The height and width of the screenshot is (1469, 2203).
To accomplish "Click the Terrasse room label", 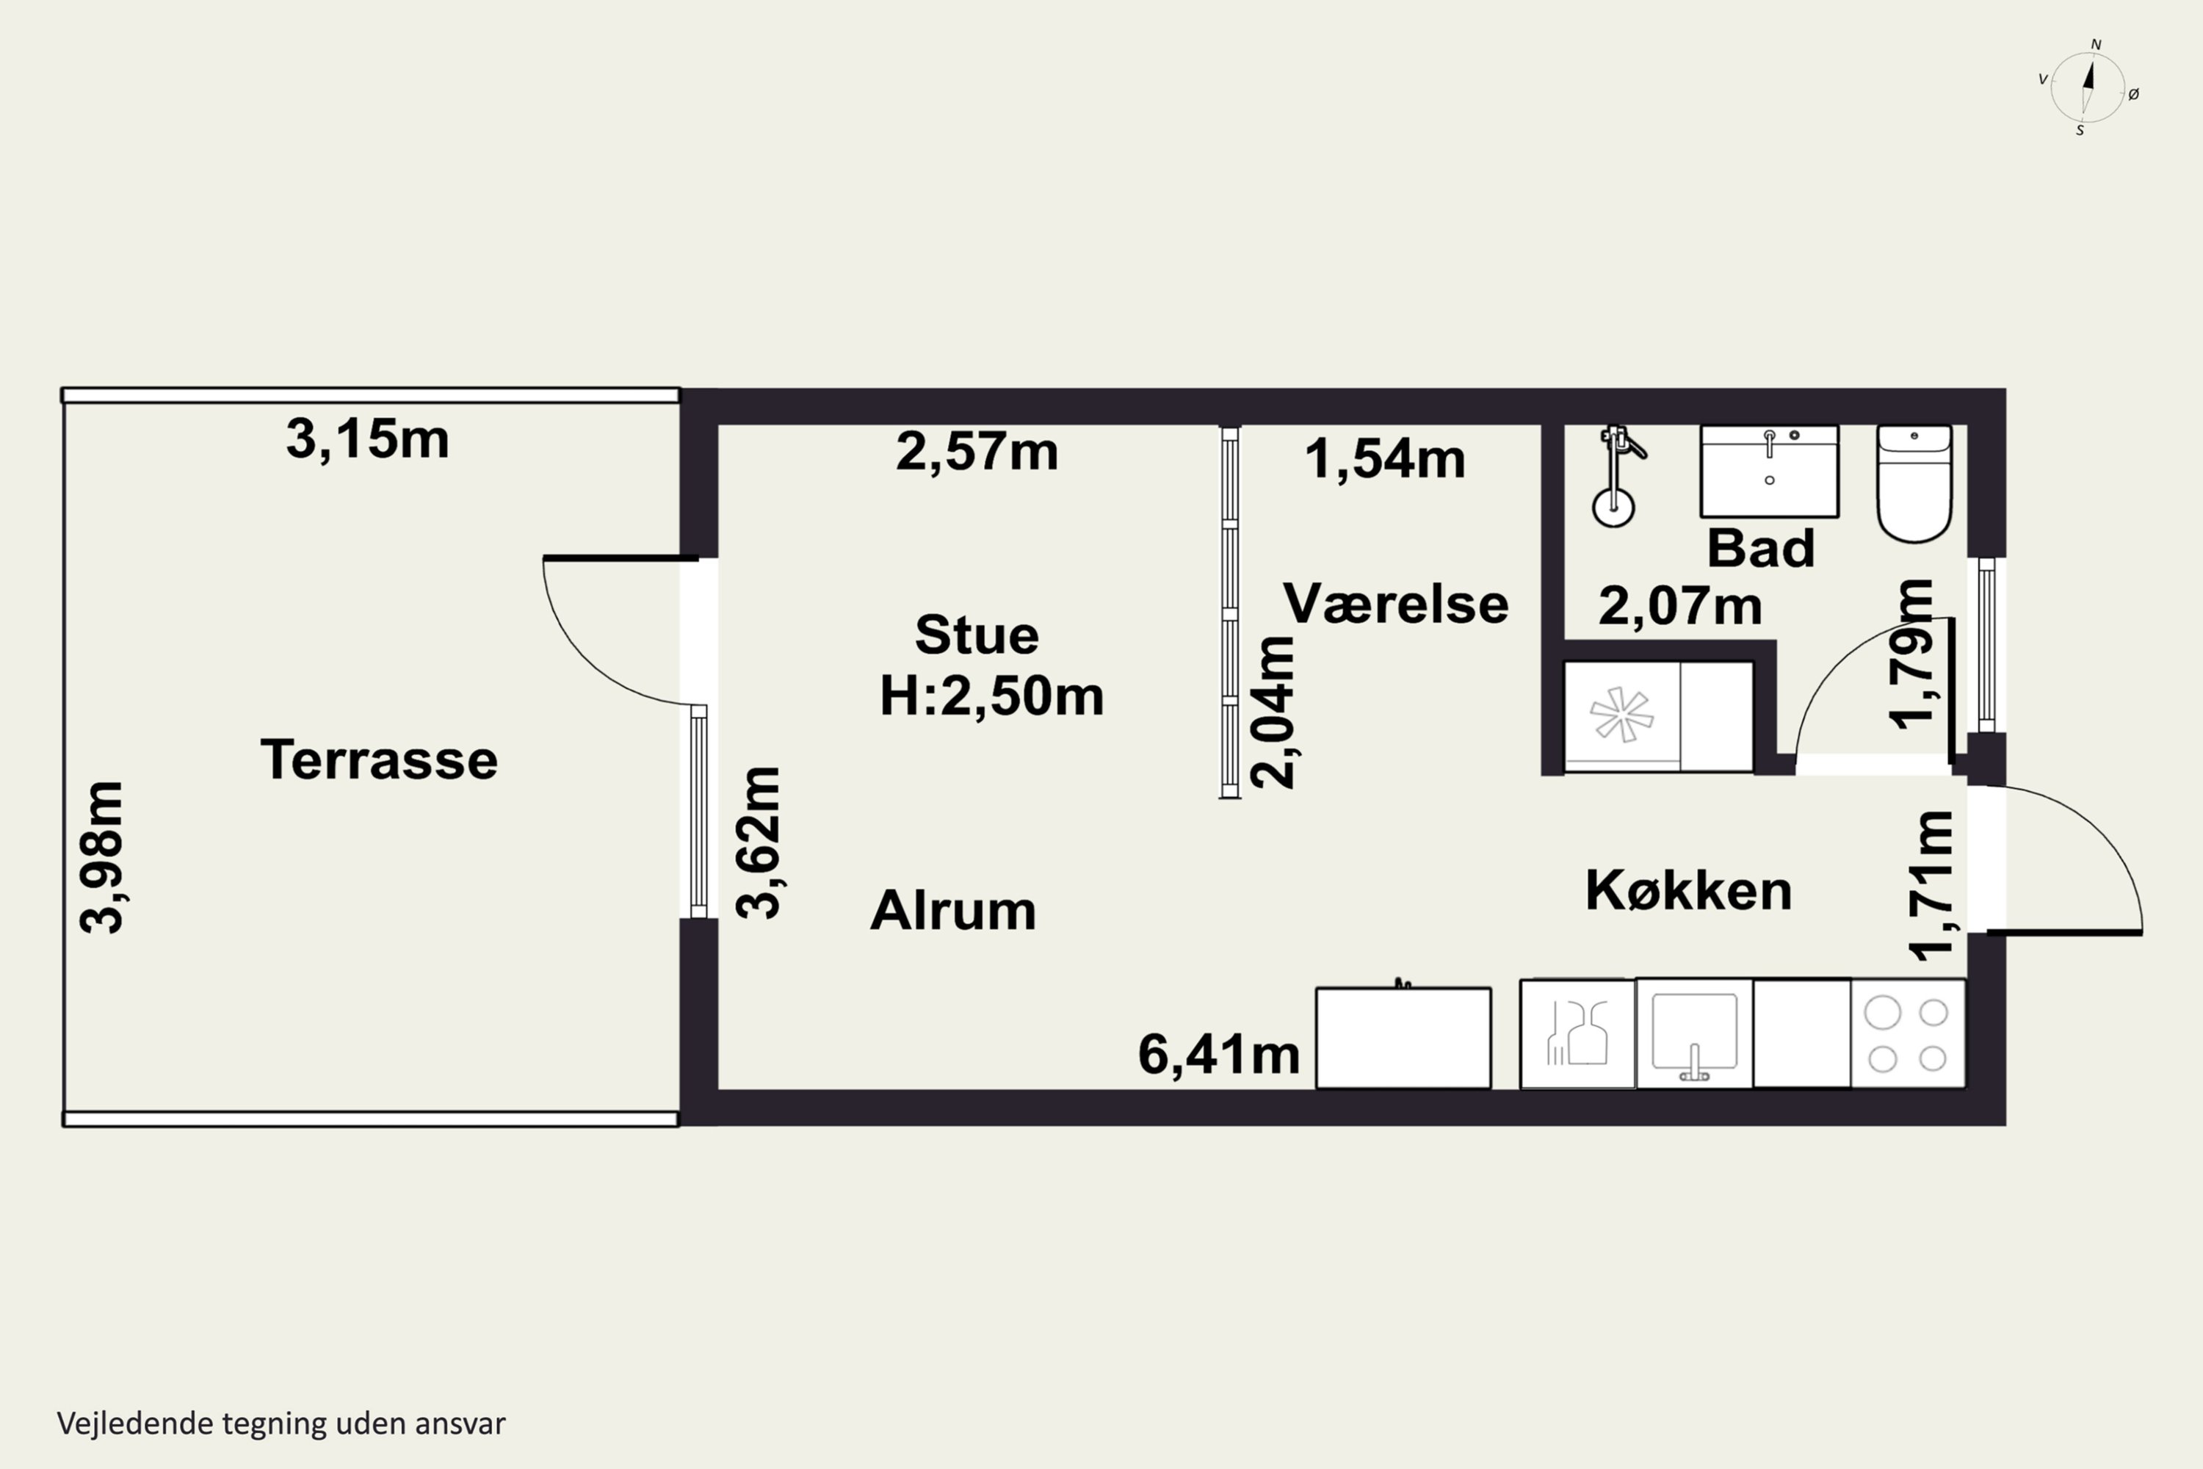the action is [380, 759].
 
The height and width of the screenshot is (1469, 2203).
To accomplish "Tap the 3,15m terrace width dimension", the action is [367, 438].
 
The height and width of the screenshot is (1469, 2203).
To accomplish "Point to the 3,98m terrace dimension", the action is [101, 856].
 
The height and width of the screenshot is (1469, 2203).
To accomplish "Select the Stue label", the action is [977, 635].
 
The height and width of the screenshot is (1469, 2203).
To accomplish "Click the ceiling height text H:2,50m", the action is [992, 696].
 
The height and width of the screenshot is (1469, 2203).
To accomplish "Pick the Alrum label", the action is [953, 910].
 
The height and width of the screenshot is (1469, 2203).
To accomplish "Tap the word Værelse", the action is [1396, 603].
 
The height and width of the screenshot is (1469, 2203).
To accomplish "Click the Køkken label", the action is [1689, 890].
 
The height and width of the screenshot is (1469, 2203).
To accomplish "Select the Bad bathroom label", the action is [1761, 548].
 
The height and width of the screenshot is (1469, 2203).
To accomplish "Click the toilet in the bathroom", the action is [1914, 483].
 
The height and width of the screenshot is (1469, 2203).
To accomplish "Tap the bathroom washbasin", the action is [1769, 472].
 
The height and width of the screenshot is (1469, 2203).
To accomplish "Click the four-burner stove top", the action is [1908, 1034].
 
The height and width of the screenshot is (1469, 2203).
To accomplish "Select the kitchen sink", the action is [1694, 1034].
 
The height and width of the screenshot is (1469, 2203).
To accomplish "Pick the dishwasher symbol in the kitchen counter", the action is [1577, 1034].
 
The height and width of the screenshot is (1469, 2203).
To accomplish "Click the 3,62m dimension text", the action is [758, 843].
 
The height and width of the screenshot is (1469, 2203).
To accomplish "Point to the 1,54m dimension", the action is [1384, 459].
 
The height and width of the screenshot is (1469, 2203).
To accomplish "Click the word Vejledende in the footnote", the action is [136, 1424].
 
